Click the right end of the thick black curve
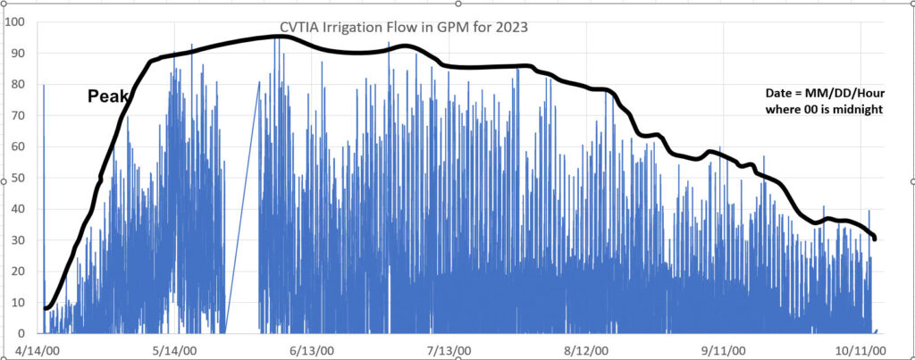pyautogui.click(x=875, y=239)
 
